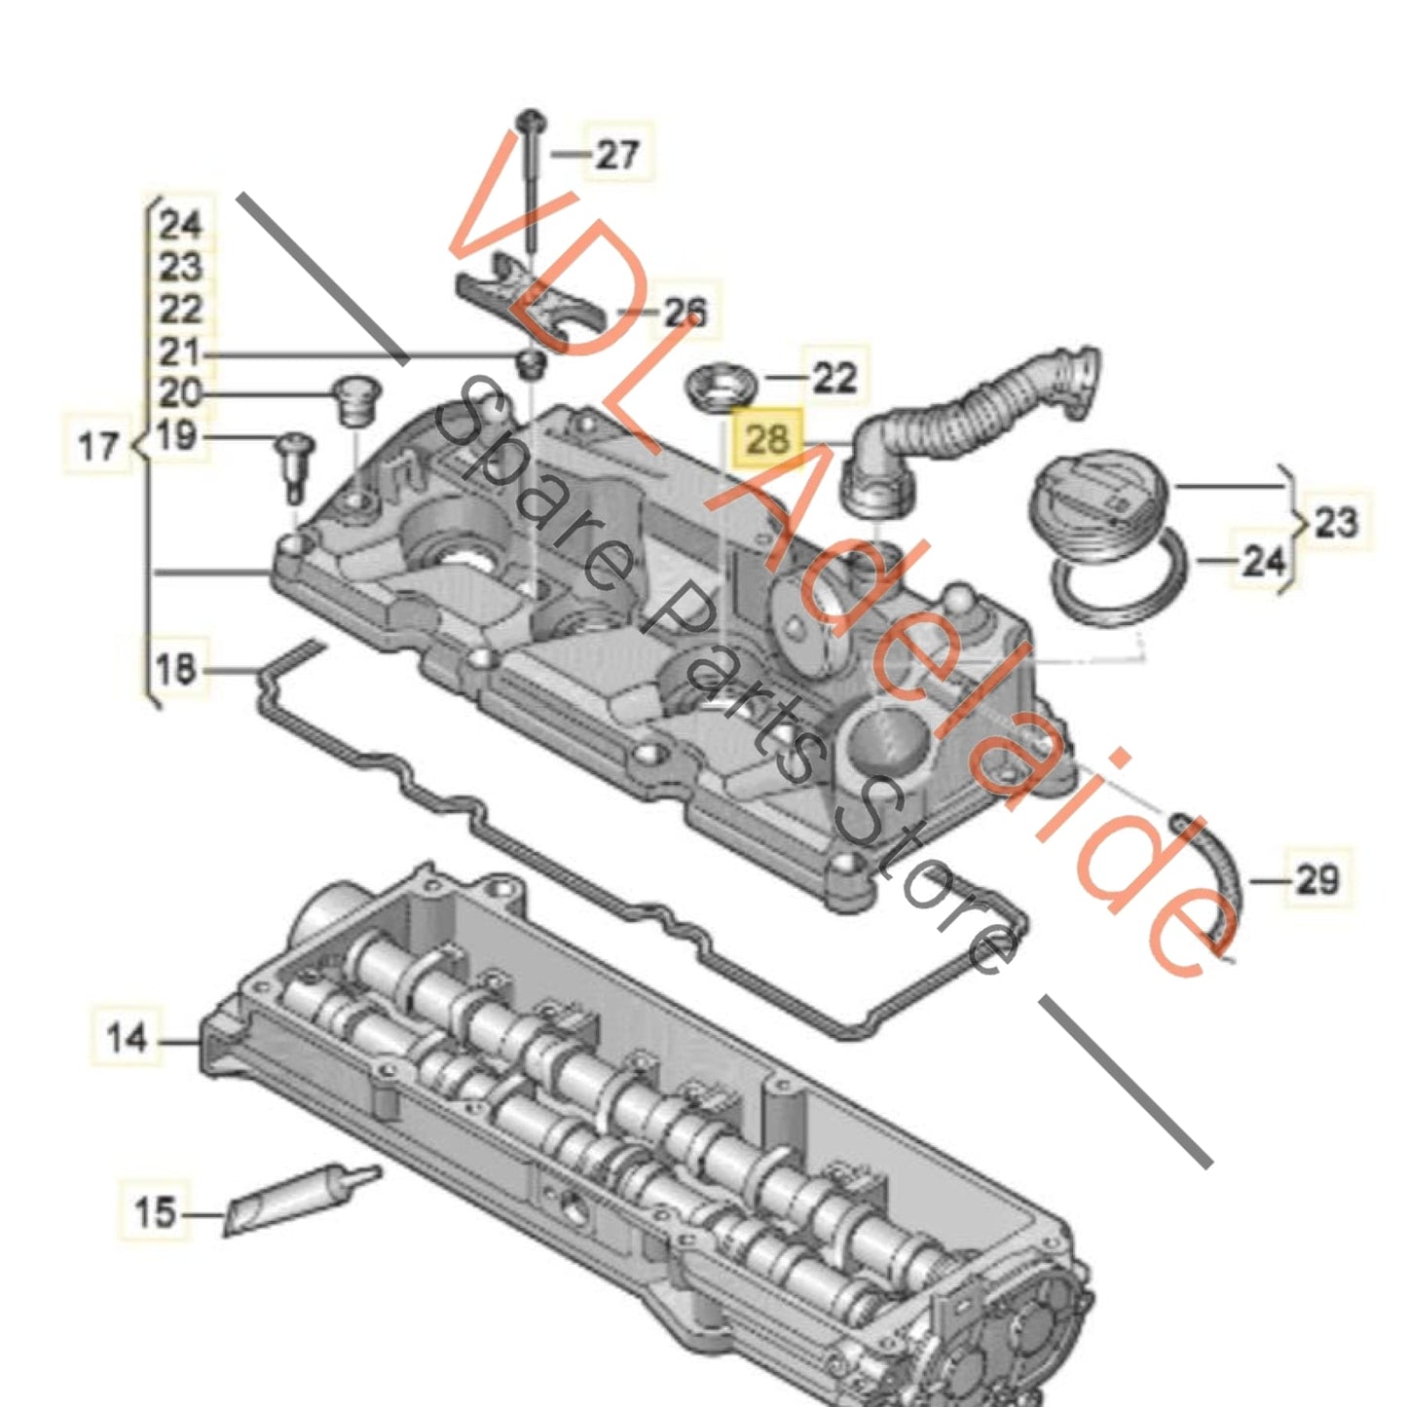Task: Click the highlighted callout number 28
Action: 767,439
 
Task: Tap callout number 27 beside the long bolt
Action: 617,154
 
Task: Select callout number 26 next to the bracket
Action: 685,312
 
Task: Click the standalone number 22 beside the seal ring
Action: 833,377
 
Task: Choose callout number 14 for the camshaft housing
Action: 128,1039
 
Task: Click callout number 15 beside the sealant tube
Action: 155,1213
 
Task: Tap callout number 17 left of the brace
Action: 97,447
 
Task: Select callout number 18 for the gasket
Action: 176,670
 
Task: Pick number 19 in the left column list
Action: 176,435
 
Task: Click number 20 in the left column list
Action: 179,393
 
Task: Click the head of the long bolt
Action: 531,121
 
